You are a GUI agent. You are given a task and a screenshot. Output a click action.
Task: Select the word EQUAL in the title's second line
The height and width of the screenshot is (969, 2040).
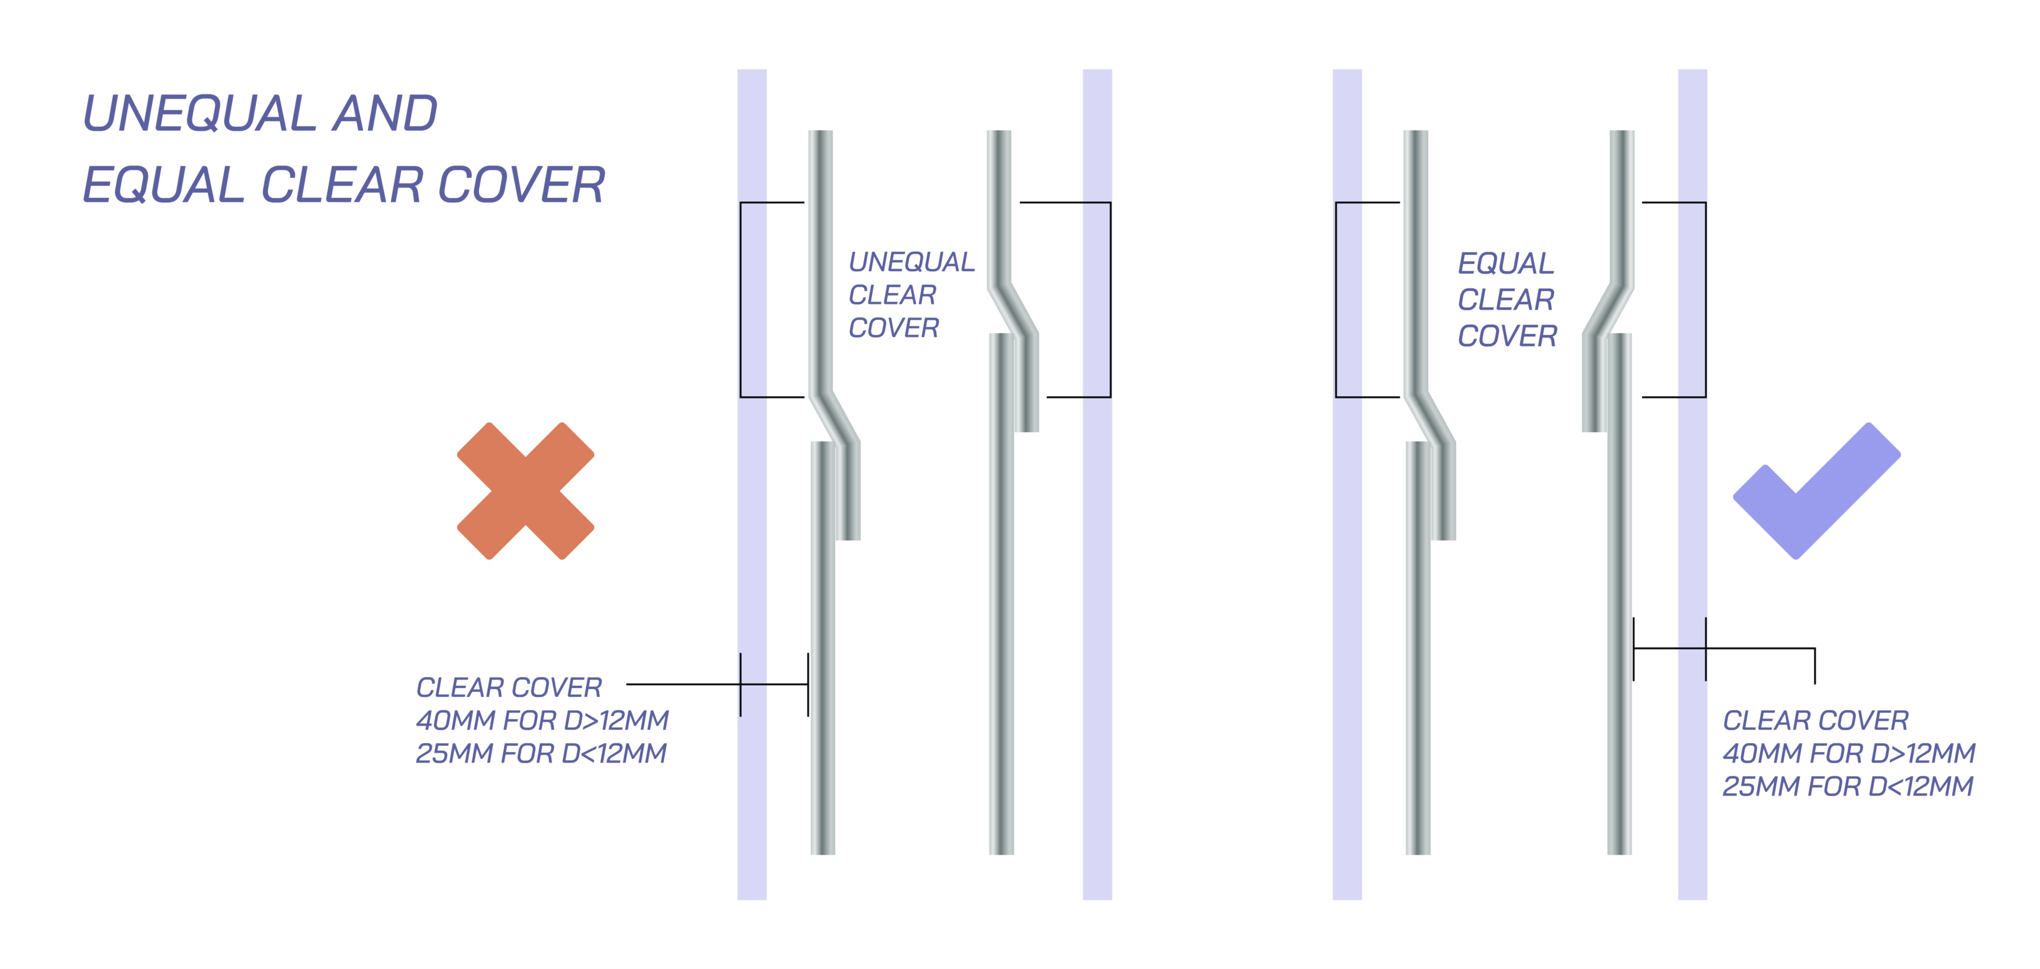[164, 185]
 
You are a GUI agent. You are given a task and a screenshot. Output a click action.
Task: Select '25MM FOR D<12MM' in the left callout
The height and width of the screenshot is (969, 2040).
[541, 754]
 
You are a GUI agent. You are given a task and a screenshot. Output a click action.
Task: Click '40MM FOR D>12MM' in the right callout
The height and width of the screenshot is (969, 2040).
[1848, 753]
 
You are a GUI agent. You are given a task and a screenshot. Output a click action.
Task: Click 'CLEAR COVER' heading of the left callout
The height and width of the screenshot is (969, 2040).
[509, 687]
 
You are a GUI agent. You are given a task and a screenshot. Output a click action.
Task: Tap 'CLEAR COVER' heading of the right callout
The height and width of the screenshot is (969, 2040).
[1815, 720]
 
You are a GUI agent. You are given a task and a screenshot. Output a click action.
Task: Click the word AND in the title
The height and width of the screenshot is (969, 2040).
[385, 113]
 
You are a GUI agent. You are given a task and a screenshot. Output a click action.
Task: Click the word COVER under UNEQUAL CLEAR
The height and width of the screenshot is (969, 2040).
[893, 328]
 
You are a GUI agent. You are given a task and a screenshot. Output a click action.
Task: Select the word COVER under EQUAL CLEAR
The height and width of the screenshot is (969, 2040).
[1507, 336]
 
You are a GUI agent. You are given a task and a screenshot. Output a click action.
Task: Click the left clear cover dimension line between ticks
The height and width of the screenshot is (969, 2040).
[774, 684]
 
